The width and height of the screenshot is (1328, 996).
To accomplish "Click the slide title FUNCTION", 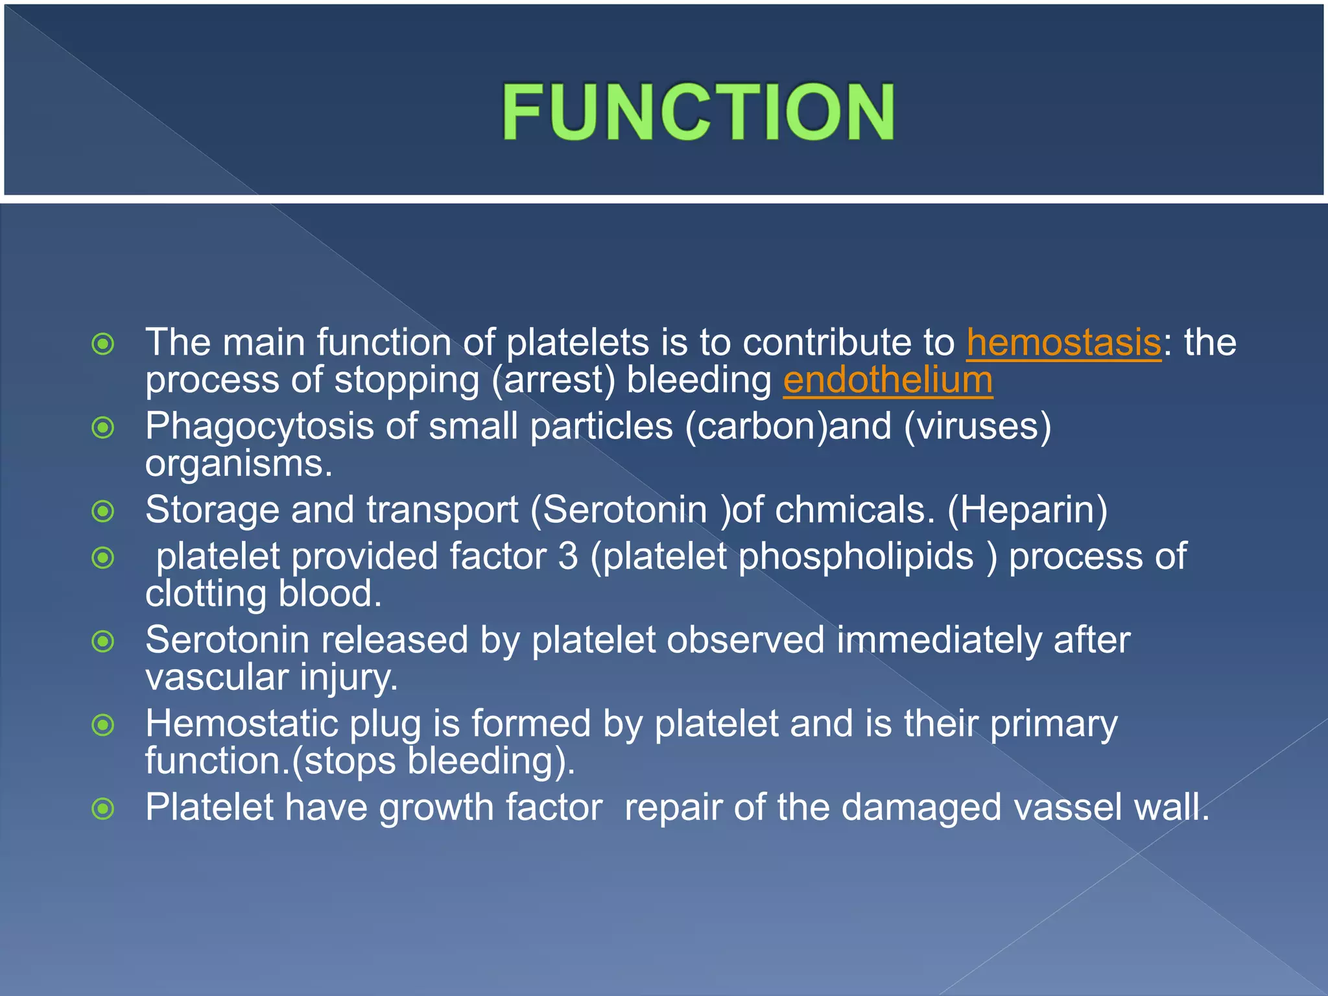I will pyautogui.click(x=698, y=112).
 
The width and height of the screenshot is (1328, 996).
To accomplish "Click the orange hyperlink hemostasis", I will pyautogui.click(x=1063, y=342).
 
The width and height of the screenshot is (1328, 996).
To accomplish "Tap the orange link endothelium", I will pyautogui.click(x=887, y=380).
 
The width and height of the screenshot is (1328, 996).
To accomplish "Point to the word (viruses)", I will pyautogui.click(x=977, y=427).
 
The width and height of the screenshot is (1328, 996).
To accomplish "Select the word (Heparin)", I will pyautogui.click(x=1027, y=510).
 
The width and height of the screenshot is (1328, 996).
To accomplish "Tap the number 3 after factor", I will pyautogui.click(x=567, y=557).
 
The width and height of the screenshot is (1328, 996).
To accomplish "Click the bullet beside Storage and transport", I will pyautogui.click(x=103, y=512).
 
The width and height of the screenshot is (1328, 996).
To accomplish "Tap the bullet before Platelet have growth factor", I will pyautogui.click(x=103, y=809).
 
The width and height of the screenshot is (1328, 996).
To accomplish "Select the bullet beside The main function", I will pyautogui.click(x=103, y=344).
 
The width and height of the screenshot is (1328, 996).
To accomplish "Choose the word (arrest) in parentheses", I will pyautogui.click(x=553, y=381).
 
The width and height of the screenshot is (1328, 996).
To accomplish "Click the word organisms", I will pyautogui.click(x=238, y=464).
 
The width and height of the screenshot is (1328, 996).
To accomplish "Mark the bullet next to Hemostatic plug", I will pyautogui.click(x=103, y=725).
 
